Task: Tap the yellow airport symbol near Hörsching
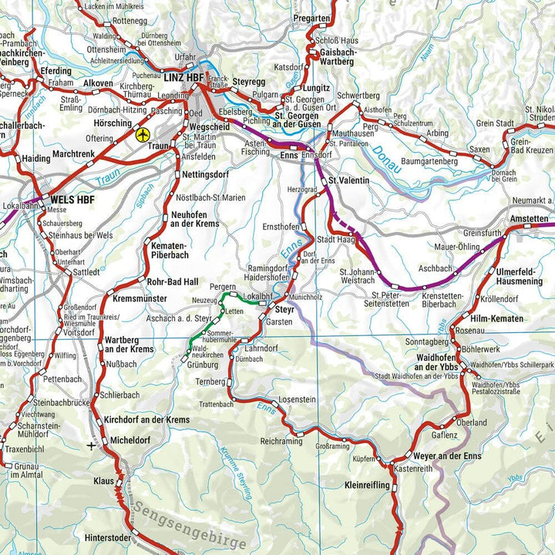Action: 142,135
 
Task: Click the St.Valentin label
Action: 348,180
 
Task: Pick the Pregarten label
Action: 311,18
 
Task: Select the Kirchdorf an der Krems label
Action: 146,419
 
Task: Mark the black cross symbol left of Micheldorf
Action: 92,446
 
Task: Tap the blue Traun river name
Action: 110,177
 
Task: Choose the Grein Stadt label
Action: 495,123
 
